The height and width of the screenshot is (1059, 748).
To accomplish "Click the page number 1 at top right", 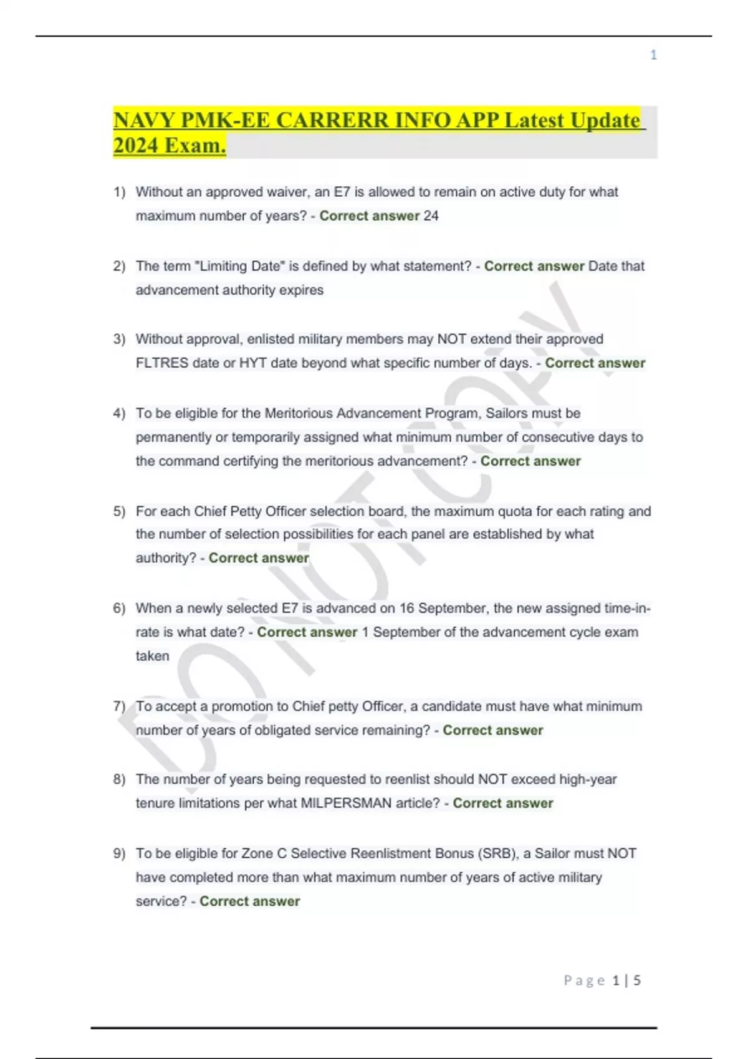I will coord(653,55).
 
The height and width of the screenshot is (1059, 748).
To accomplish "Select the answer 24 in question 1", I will coord(431,216).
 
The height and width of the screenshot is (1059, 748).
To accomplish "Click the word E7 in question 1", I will coord(342,192).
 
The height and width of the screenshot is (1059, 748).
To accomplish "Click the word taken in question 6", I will coord(153,657).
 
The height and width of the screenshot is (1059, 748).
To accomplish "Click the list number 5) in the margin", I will coord(119,511).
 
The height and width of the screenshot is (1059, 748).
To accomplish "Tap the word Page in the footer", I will coord(584,981).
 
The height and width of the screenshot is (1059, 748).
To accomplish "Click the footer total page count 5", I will coord(637,981).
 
